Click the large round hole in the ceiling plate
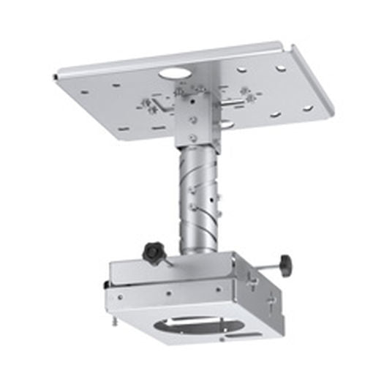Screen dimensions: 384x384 (173, 74)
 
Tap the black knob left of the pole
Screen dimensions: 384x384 (154, 253)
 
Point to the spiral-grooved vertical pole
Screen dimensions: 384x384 (197, 197)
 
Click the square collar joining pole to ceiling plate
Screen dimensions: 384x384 (196, 117)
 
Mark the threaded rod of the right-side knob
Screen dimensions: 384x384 (263, 264)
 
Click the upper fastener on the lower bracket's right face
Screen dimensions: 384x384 (254, 278)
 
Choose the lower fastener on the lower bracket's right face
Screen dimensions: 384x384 (270, 301)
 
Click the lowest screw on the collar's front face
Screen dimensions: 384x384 (192, 137)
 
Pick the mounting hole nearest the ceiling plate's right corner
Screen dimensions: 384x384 (308, 108)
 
